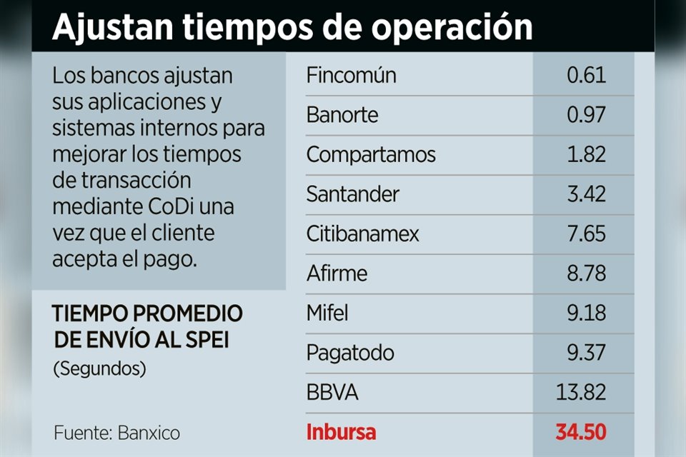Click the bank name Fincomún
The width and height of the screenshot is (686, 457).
point(351,76)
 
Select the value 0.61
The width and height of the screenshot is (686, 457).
point(586,76)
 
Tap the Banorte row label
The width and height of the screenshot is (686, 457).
point(342,115)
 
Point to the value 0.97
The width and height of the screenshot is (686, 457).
point(586,115)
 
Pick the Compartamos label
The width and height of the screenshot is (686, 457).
point(370,155)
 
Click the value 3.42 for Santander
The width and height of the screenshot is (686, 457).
point(586,194)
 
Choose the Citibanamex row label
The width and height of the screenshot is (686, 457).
point(362,234)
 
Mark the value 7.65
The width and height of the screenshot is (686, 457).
point(586,234)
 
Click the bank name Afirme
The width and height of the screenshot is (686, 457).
point(337,273)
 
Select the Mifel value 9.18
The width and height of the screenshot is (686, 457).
point(586,313)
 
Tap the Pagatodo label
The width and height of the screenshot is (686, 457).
point(350,353)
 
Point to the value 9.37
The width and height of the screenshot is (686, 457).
point(586,353)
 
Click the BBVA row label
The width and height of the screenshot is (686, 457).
point(332,393)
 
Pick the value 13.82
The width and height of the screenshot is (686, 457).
point(581,393)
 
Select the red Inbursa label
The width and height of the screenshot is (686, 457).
point(341,432)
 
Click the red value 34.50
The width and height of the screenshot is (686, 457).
point(580,432)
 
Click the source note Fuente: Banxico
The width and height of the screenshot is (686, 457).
point(116,433)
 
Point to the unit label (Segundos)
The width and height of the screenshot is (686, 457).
point(99,369)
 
